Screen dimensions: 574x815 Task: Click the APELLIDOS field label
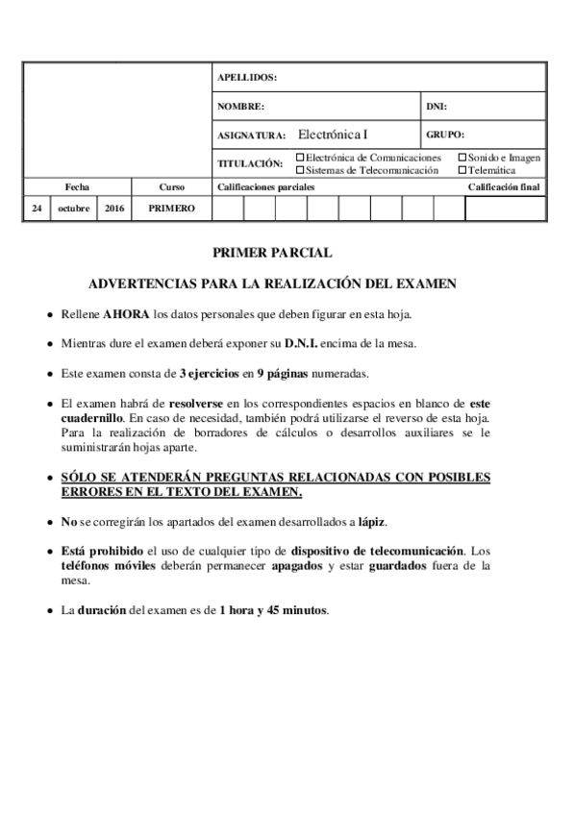tap(247, 77)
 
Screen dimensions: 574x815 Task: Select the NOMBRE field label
tap(240, 106)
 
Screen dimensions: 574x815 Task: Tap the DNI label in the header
tap(437, 106)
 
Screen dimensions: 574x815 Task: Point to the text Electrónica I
tap(333, 135)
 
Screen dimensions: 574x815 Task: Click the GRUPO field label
tap(445, 135)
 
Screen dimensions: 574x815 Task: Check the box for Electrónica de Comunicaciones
tap(300, 158)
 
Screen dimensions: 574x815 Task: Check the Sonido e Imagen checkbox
tap(462, 158)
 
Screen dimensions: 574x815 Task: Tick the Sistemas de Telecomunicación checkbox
tap(300, 169)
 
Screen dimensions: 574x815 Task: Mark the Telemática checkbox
tap(462, 169)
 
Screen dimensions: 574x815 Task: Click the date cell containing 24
tap(36, 208)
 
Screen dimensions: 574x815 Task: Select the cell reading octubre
tap(73, 208)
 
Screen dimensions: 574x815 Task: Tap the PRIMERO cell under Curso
tap(172, 208)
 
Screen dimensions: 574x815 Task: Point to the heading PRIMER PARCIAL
tap(272, 253)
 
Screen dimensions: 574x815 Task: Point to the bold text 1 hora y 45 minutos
tap(273, 609)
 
